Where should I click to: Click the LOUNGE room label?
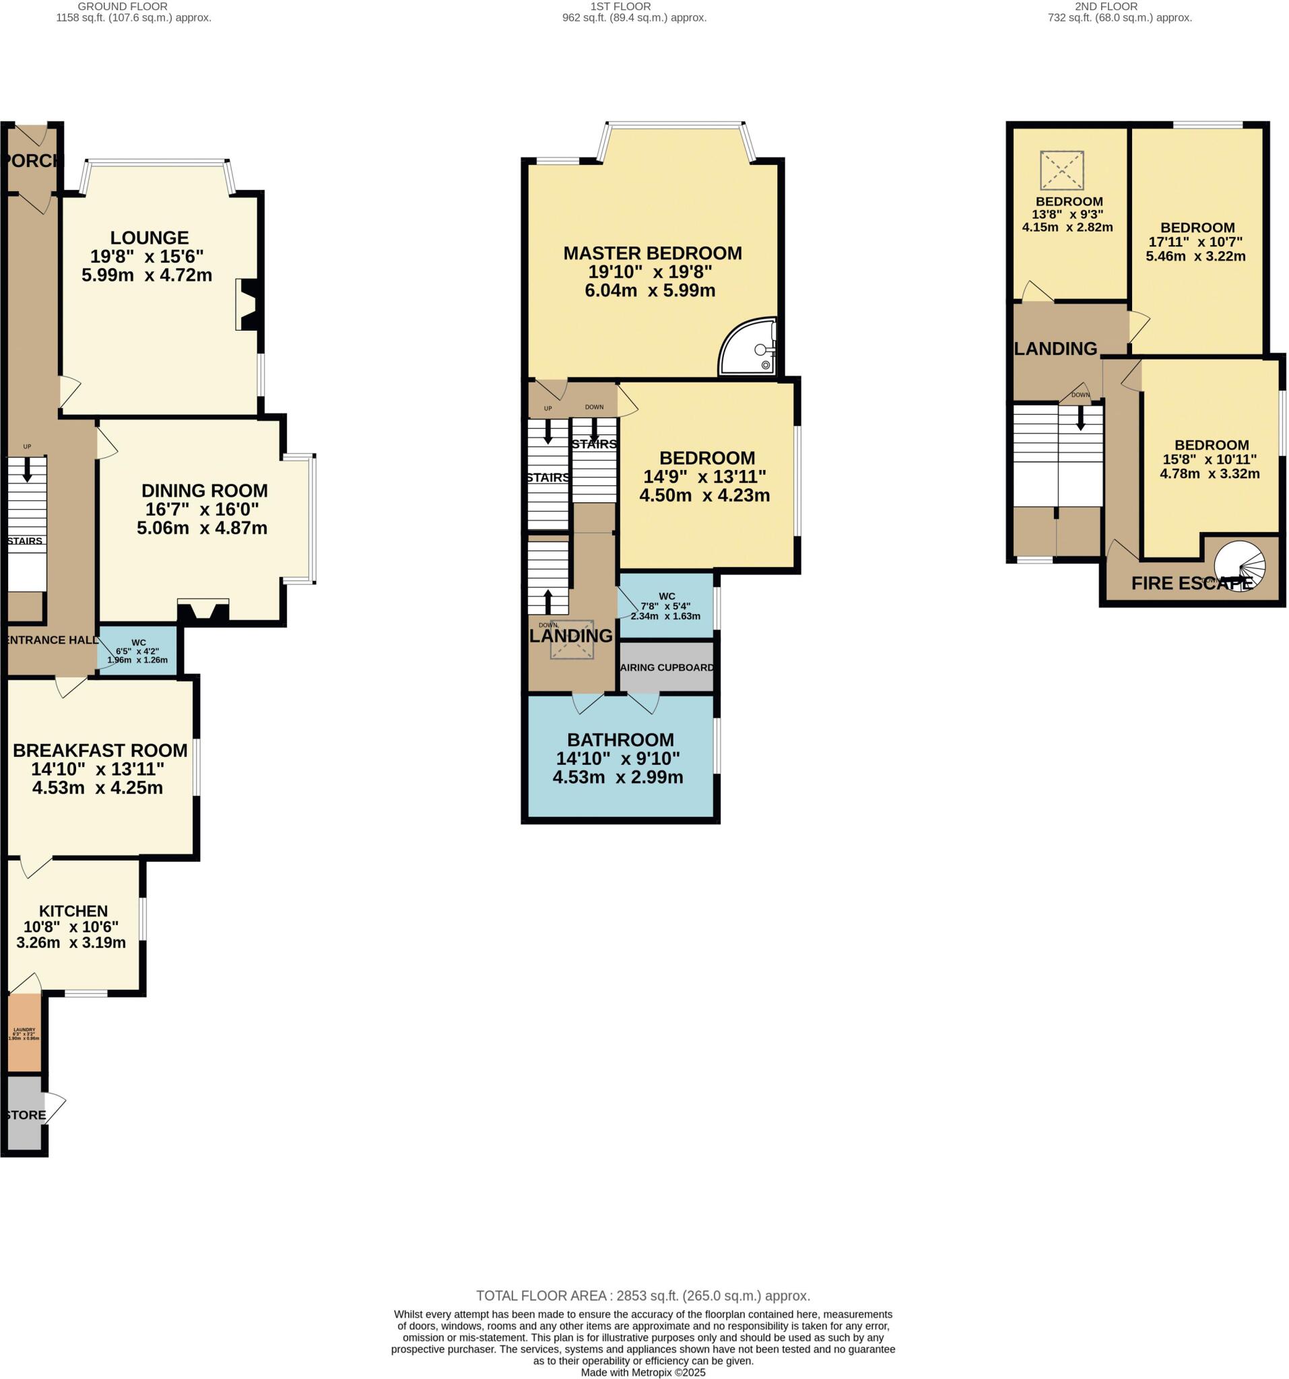tap(149, 238)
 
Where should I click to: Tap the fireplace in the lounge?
tap(248, 304)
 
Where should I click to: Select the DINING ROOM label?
tap(204, 490)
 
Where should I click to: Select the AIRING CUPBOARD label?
tap(667, 667)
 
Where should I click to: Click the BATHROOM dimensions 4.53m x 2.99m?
tap(618, 778)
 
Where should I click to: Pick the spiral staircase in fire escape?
tap(1241, 566)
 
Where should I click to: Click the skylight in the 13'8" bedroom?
tap(1061, 169)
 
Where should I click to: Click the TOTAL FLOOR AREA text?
tap(642, 1296)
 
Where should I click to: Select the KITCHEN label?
tap(73, 911)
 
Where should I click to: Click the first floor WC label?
tap(666, 596)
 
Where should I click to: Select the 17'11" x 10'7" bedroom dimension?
tap(1195, 242)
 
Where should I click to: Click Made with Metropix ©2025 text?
tap(642, 1372)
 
